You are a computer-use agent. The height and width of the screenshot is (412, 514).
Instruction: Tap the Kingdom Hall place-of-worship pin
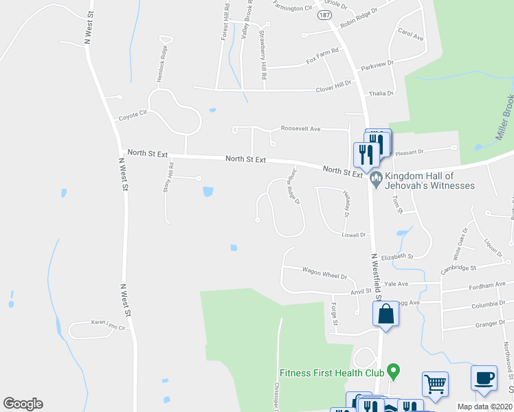click(375, 181)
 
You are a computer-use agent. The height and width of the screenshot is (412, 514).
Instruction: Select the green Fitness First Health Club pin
click(393, 373)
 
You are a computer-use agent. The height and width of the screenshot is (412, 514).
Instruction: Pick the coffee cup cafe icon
click(483, 378)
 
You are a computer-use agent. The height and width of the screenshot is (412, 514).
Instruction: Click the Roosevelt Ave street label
click(300, 128)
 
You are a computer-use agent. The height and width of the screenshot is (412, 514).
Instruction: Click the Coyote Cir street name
click(133, 115)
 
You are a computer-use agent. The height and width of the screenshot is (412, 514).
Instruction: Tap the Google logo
click(23, 404)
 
